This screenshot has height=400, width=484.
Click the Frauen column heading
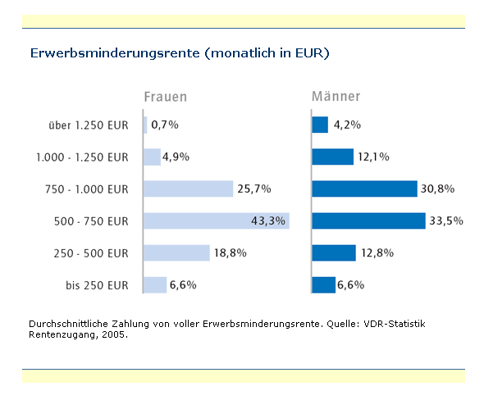point(166,97)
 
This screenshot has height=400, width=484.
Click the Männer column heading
point(336,96)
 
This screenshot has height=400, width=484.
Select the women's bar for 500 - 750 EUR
point(217,220)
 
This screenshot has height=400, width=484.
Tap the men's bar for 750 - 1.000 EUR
point(364,189)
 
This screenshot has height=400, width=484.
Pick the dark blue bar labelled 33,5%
point(368,220)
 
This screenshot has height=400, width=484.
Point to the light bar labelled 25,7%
point(189,189)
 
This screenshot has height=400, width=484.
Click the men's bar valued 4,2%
point(320,125)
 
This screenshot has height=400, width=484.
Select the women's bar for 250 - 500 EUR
point(176,253)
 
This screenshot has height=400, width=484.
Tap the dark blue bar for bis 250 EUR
point(323,285)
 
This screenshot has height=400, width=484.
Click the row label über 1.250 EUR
point(89,125)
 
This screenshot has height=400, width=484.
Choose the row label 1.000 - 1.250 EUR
point(82,157)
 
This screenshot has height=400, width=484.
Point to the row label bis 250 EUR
point(97,285)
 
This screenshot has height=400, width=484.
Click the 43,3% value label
point(268,220)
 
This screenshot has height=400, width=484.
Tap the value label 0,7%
point(165,125)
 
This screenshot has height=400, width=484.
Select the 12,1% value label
point(373,157)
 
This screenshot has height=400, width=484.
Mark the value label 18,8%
point(231,253)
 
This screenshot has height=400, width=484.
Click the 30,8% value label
point(437,189)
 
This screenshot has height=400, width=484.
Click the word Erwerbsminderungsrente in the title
point(115,53)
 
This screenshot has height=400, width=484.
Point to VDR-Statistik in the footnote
point(395,324)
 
